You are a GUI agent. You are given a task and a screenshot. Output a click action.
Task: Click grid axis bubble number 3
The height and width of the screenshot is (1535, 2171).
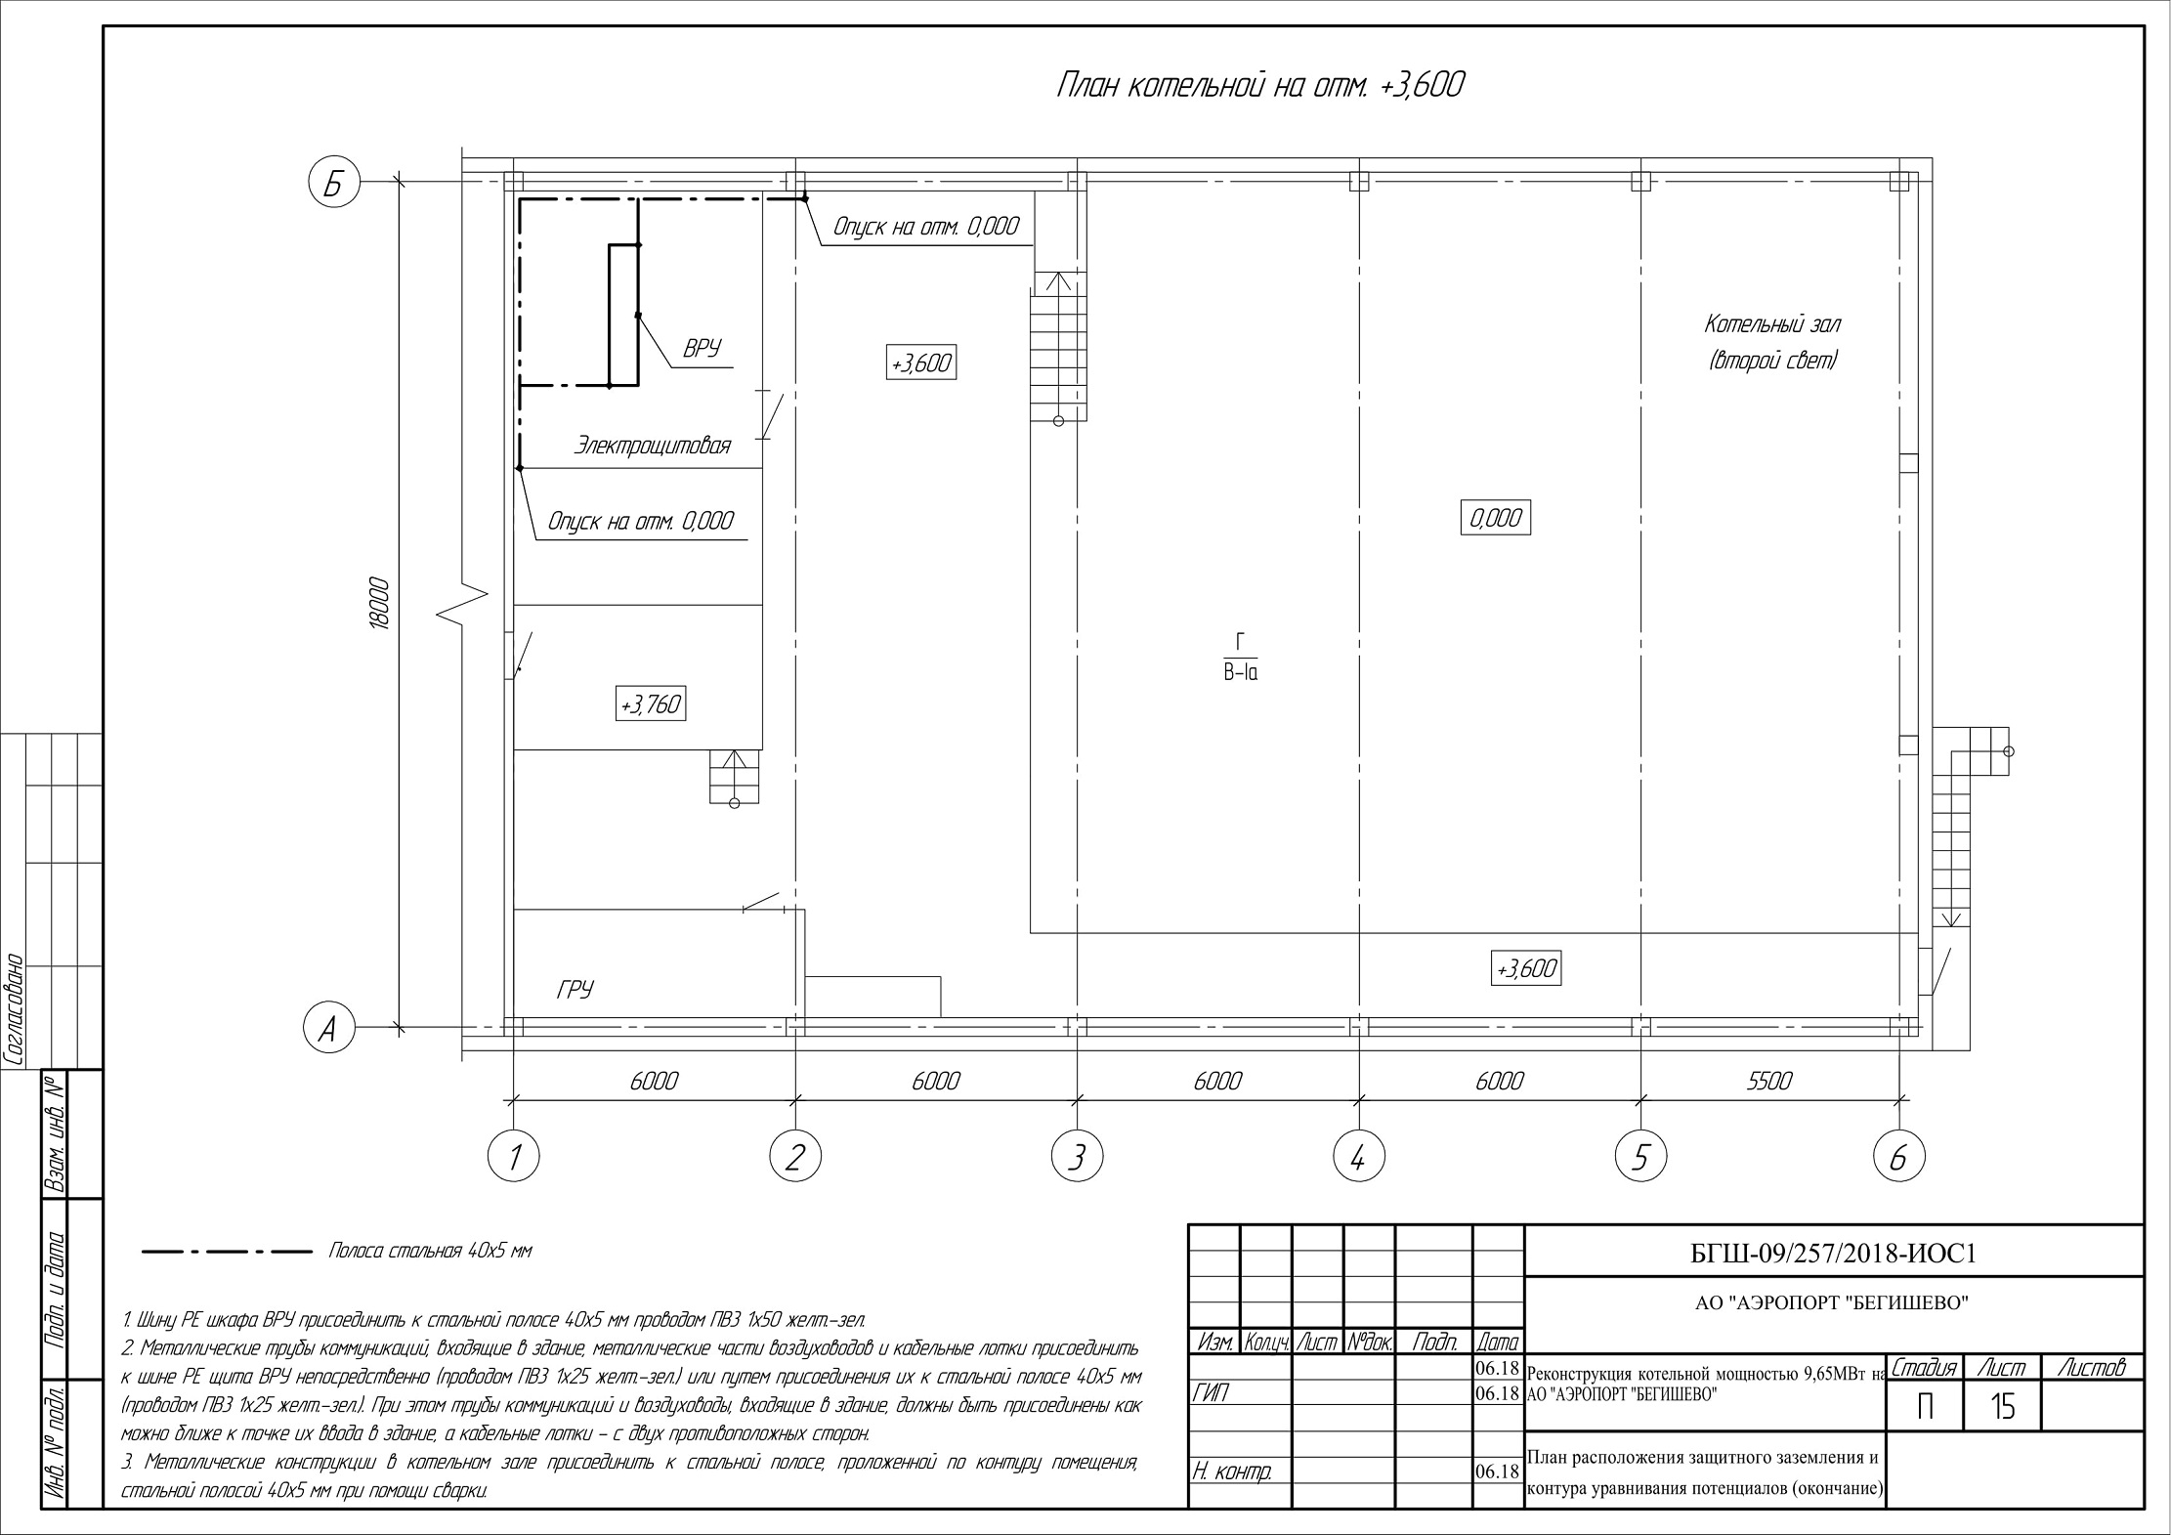(x=1077, y=1157)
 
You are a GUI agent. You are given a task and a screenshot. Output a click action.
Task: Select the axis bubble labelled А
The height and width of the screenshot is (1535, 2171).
(x=328, y=1029)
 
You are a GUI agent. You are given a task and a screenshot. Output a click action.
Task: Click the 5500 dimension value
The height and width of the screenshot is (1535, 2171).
(x=1769, y=1081)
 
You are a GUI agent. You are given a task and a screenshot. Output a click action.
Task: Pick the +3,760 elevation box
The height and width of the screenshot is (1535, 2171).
(x=651, y=704)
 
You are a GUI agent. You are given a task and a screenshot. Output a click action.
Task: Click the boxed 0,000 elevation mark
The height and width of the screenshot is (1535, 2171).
(x=1495, y=518)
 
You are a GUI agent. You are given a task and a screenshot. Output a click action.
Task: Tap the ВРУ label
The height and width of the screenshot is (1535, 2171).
(x=702, y=349)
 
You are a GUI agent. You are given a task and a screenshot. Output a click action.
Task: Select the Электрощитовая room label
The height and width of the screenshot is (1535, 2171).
(x=652, y=447)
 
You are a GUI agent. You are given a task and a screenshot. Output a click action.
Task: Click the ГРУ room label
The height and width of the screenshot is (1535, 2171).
(x=575, y=990)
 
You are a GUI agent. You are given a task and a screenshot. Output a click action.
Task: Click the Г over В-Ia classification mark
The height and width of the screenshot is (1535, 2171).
(x=1240, y=657)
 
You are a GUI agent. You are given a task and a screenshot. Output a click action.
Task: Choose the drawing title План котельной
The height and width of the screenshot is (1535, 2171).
(x=1259, y=86)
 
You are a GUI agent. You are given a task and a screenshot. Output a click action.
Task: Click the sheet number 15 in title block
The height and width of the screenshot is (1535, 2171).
(x=2002, y=1407)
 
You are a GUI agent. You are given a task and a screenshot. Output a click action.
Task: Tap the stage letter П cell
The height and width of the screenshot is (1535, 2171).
(x=1925, y=1407)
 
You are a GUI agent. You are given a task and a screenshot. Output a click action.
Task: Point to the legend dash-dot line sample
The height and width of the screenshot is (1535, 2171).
(x=227, y=1251)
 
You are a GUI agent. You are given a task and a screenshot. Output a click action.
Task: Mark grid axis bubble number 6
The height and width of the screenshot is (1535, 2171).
(x=1898, y=1157)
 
